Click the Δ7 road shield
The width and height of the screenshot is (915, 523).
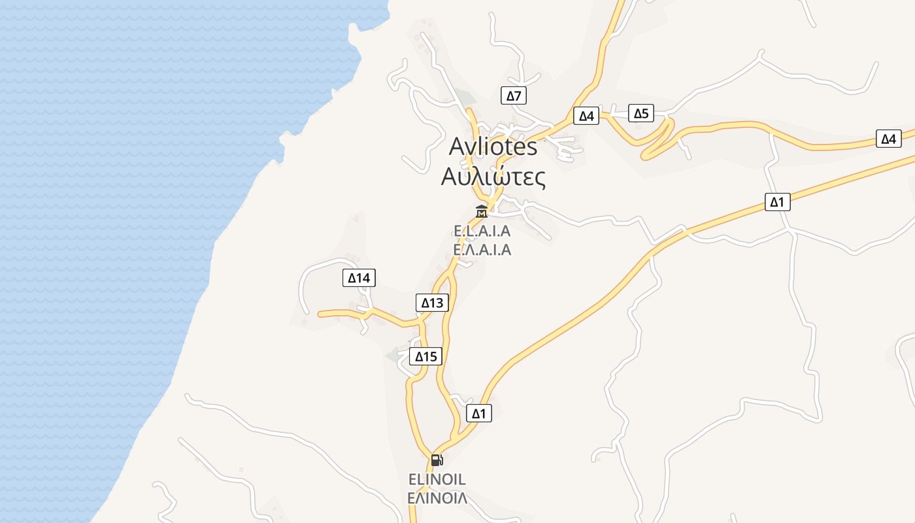click(514, 96)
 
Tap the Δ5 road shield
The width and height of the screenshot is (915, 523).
click(641, 113)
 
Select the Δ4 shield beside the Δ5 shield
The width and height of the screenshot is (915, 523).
click(586, 116)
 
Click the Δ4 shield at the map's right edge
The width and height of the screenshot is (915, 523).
click(888, 139)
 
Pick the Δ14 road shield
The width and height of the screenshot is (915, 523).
click(359, 278)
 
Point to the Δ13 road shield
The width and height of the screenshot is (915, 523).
click(432, 303)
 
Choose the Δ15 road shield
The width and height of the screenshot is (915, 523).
click(425, 356)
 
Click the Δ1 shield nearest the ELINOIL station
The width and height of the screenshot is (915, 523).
click(479, 413)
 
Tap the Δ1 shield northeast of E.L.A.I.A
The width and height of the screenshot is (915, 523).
click(777, 202)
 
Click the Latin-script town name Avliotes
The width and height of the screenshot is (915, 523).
click(493, 147)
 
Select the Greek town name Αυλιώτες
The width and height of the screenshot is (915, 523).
click(493, 177)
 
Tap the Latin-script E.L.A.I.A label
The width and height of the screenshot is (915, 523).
click(482, 231)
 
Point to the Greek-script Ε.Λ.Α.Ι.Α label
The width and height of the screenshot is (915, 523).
click(482, 250)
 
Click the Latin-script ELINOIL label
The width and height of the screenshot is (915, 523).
click(437, 479)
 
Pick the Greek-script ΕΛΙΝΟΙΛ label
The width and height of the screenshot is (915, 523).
click(437, 498)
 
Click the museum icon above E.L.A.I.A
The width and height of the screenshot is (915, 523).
click(482, 211)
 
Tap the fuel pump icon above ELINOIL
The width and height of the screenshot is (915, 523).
click(437, 460)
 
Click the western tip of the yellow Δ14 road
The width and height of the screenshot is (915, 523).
click(320, 314)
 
